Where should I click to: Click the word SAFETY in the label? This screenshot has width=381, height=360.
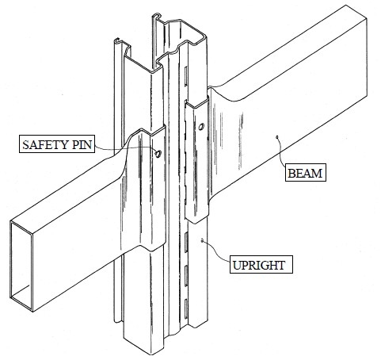click(42, 145)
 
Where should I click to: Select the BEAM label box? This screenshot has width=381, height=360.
click(306, 173)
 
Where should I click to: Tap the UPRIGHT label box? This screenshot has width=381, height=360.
click(261, 264)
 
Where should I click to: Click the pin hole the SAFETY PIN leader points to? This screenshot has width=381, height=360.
click(158, 154)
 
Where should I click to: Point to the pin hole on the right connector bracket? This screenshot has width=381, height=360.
click(201, 127)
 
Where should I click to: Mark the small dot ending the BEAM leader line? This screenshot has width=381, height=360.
click(277, 136)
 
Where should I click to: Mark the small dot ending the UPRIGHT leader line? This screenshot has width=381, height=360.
click(202, 240)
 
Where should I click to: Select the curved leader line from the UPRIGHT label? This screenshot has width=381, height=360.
click(215, 250)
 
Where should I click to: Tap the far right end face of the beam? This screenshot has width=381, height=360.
click(367, 57)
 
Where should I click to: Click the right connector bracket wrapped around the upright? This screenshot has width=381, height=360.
click(197, 159)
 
